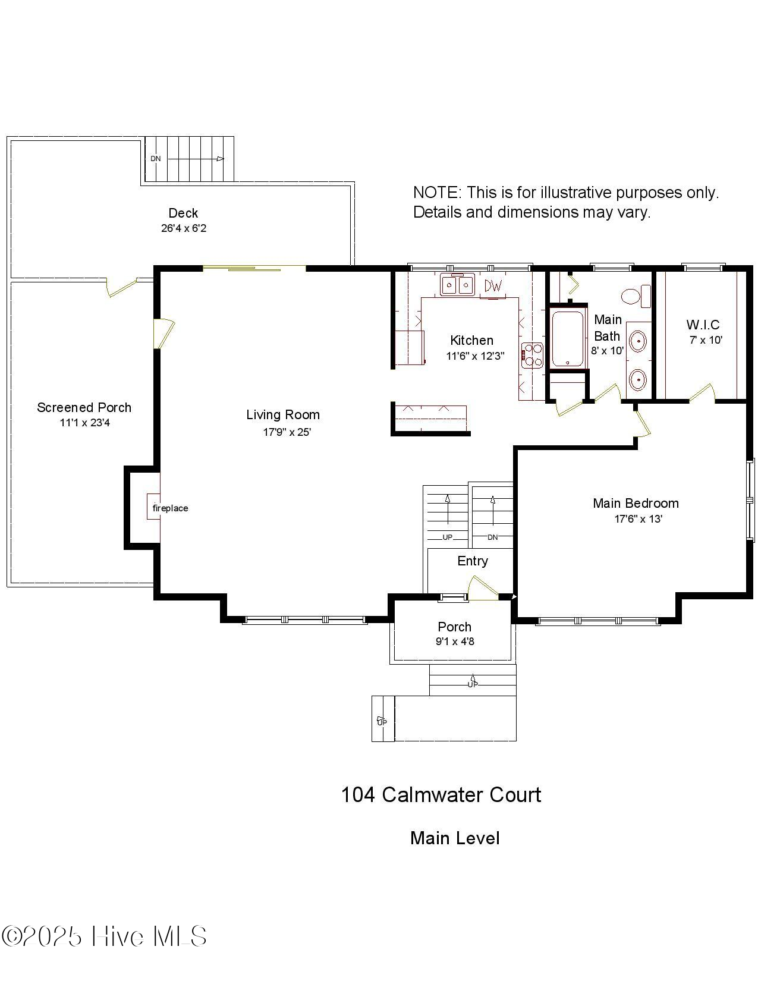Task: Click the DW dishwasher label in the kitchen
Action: (x=493, y=286)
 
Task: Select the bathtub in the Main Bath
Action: (x=568, y=338)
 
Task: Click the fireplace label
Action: (x=170, y=508)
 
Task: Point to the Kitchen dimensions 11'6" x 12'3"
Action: (x=475, y=356)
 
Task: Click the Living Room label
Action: (x=283, y=414)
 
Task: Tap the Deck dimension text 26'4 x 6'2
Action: (x=183, y=228)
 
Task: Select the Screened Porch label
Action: (x=84, y=407)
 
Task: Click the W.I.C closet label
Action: (x=703, y=325)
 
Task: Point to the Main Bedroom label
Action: (x=636, y=503)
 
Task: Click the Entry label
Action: (x=472, y=561)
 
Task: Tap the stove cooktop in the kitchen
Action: (x=532, y=356)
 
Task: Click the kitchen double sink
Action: (x=457, y=286)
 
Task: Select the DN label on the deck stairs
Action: (x=156, y=159)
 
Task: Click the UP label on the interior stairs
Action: (x=448, y=537)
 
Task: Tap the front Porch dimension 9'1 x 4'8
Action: (x=455, y=642)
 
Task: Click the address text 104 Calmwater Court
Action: (x=441, y=795)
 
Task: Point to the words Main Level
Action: (x=455, y=838)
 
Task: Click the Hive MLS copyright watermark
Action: (x=104, y=936)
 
